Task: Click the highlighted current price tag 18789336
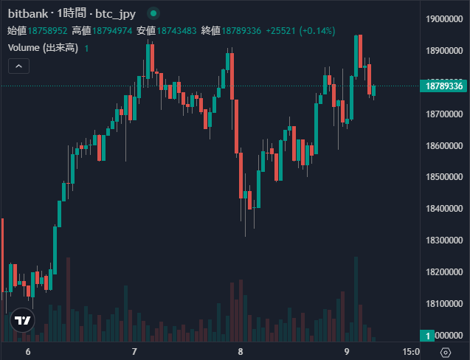tap(443, 86)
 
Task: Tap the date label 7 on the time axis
tap(134, 352)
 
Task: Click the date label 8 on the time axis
tap(241, 352)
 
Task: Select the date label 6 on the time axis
tap(28, 352)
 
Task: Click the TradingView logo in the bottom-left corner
tap(22, 321)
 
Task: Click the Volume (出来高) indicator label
tap(43, 48)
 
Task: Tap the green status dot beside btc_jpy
tap(153, 13)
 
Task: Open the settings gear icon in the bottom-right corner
tap(445, 352)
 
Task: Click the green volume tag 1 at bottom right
tap(429, 336)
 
